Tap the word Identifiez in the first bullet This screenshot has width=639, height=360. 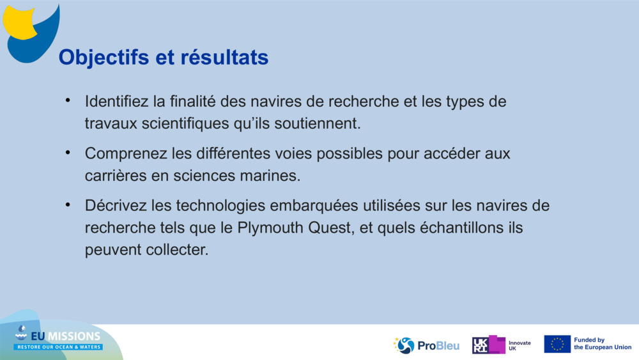click(x=117, y=102)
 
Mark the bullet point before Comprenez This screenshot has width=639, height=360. click(x=68, y=153)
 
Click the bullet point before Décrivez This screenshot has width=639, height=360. click(x=68, y=205)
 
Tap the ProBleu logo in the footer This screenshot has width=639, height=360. click(x=426, y=345)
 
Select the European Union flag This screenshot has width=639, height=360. click(x=557, y=344)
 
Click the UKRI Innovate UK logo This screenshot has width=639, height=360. click(x=501, y=345)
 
